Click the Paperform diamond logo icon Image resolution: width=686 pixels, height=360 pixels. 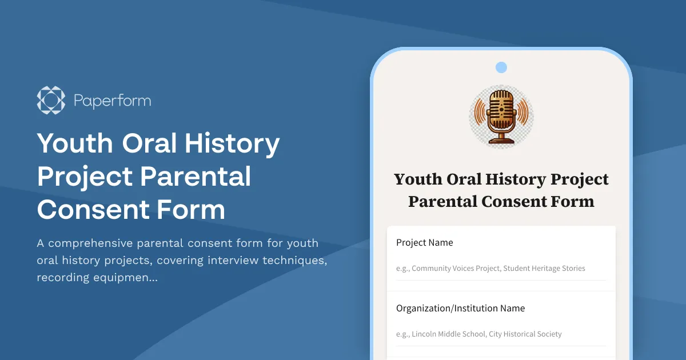click(x=51, y=101)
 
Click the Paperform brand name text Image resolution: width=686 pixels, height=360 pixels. click(x=112, y=101)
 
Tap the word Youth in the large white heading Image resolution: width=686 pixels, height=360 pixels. click(x=74, y=144)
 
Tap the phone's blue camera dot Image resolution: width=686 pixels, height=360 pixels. click(x=501, y=67)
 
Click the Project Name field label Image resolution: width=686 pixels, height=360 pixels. click(x=424, y=243)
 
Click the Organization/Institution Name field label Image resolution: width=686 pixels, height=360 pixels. click(x=460, y=309)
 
